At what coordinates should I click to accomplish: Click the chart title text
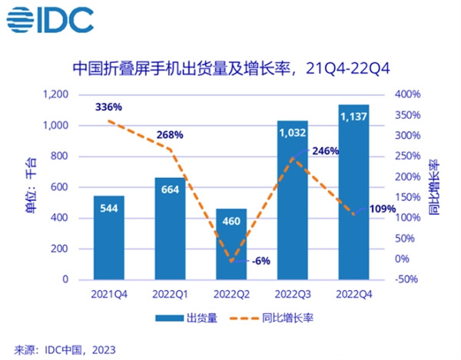point(231,68)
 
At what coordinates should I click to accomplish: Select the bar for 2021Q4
point(109,238)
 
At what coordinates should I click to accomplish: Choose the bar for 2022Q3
point(292,200)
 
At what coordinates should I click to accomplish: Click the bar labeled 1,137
point(353,192)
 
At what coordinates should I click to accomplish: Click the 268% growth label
point(170,135)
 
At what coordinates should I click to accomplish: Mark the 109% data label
point(383,208)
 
